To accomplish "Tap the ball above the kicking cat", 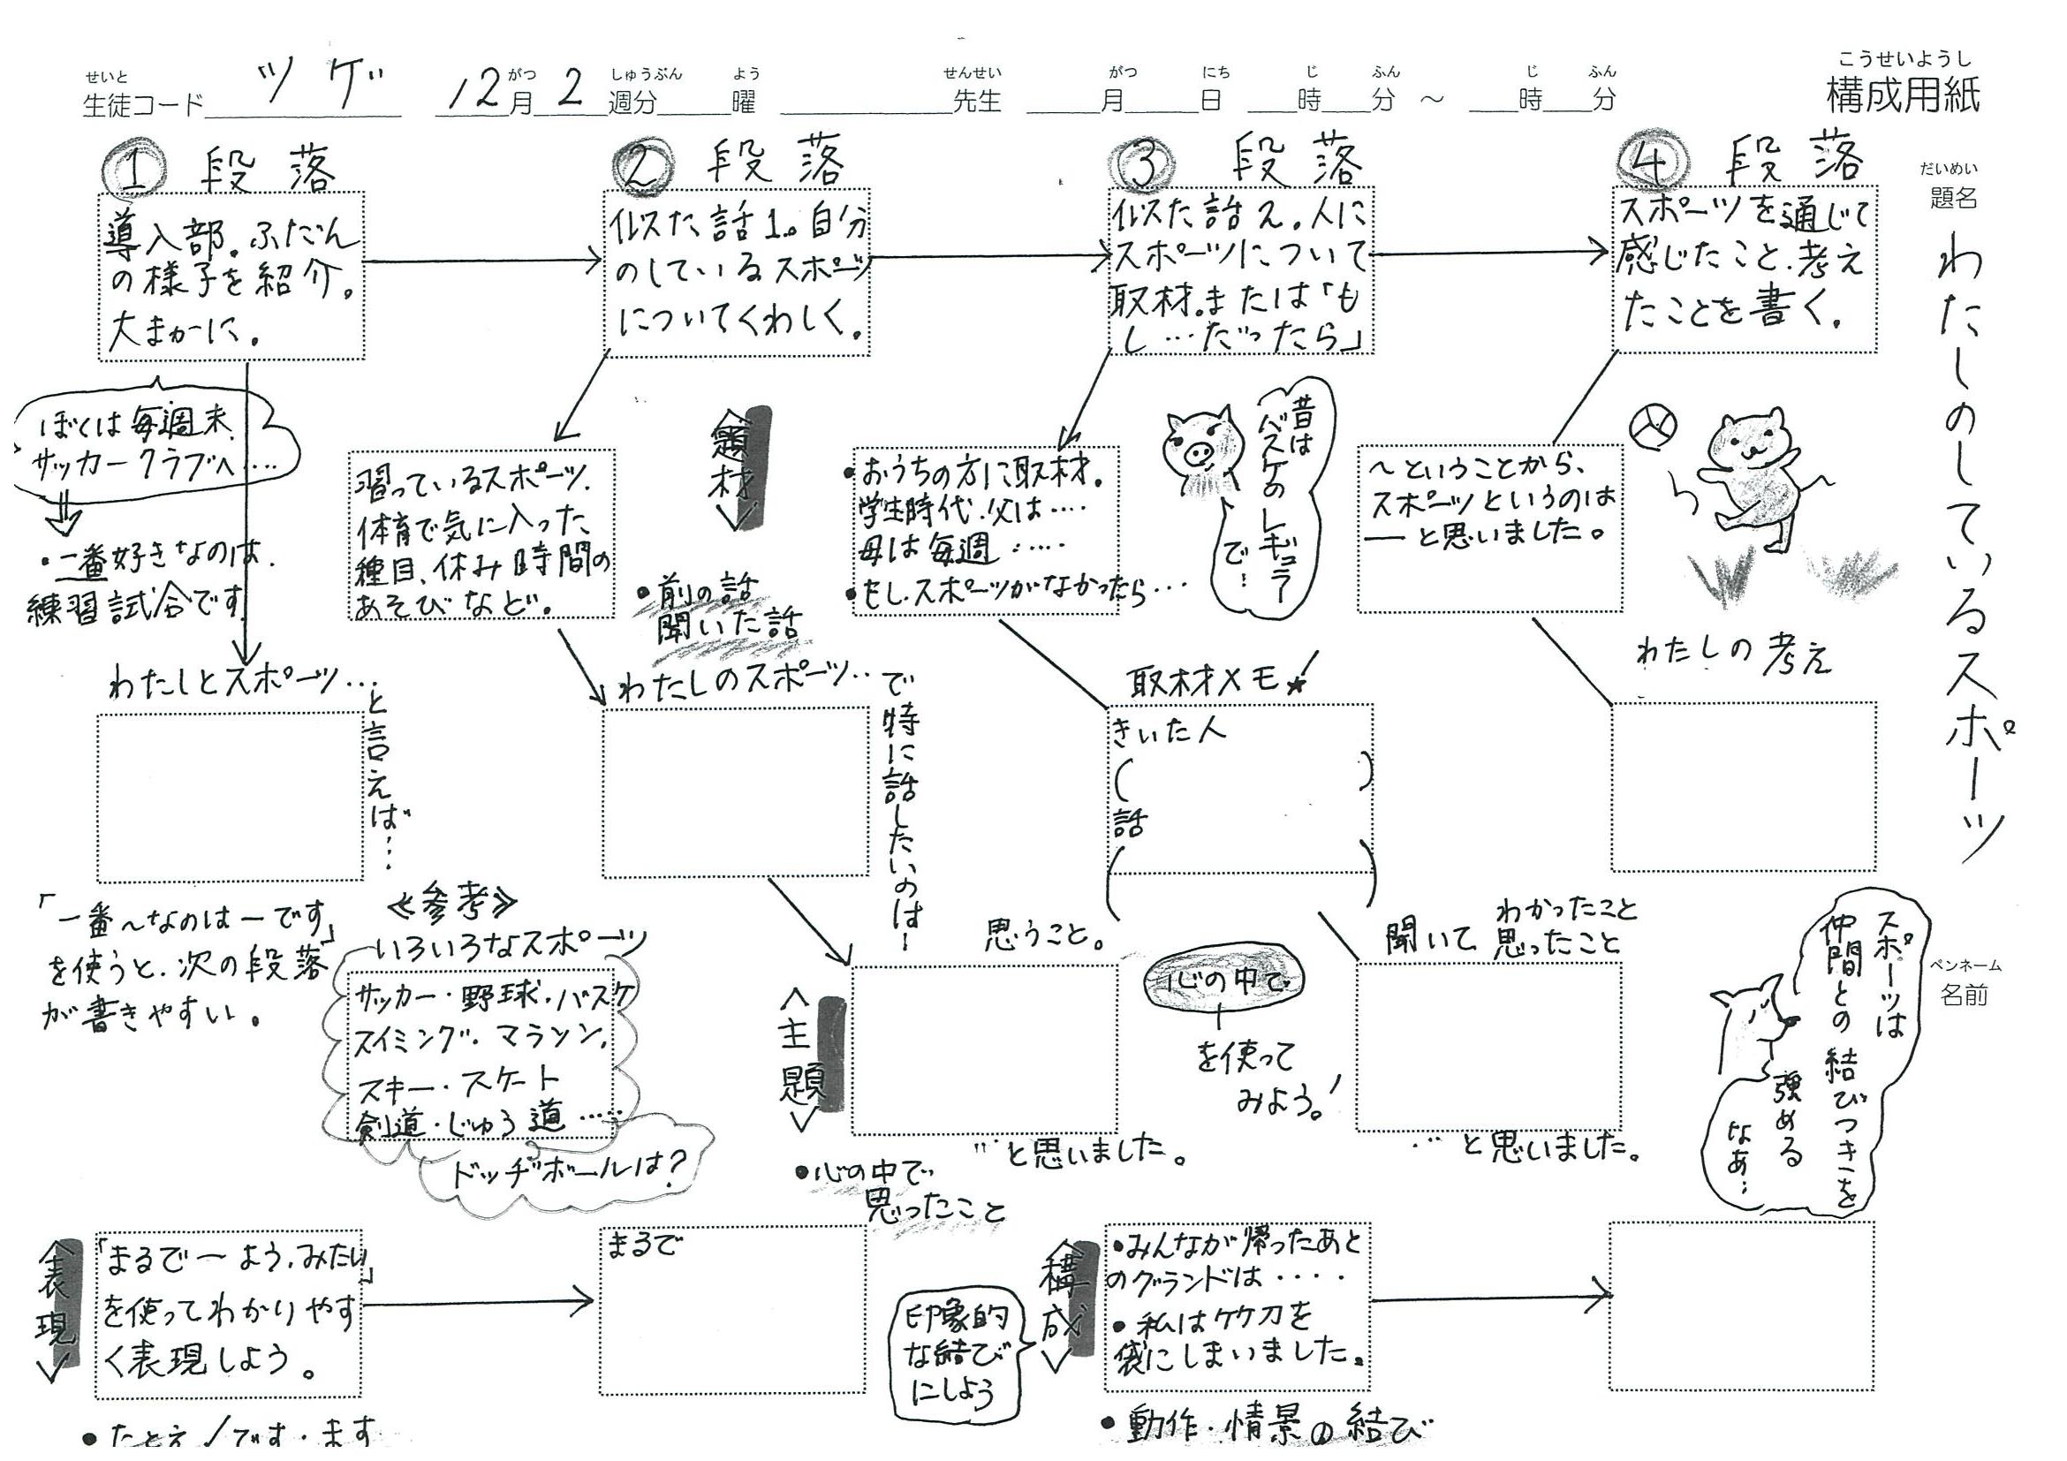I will coord(1652,424).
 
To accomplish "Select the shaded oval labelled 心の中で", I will coord(1223,981).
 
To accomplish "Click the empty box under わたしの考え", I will coord(1744,787).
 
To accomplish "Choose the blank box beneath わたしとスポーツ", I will coord(231,797).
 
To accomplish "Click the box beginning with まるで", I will coord(733,1310).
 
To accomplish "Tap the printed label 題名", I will coord(1953,198).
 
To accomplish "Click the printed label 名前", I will coord(1964,995).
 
